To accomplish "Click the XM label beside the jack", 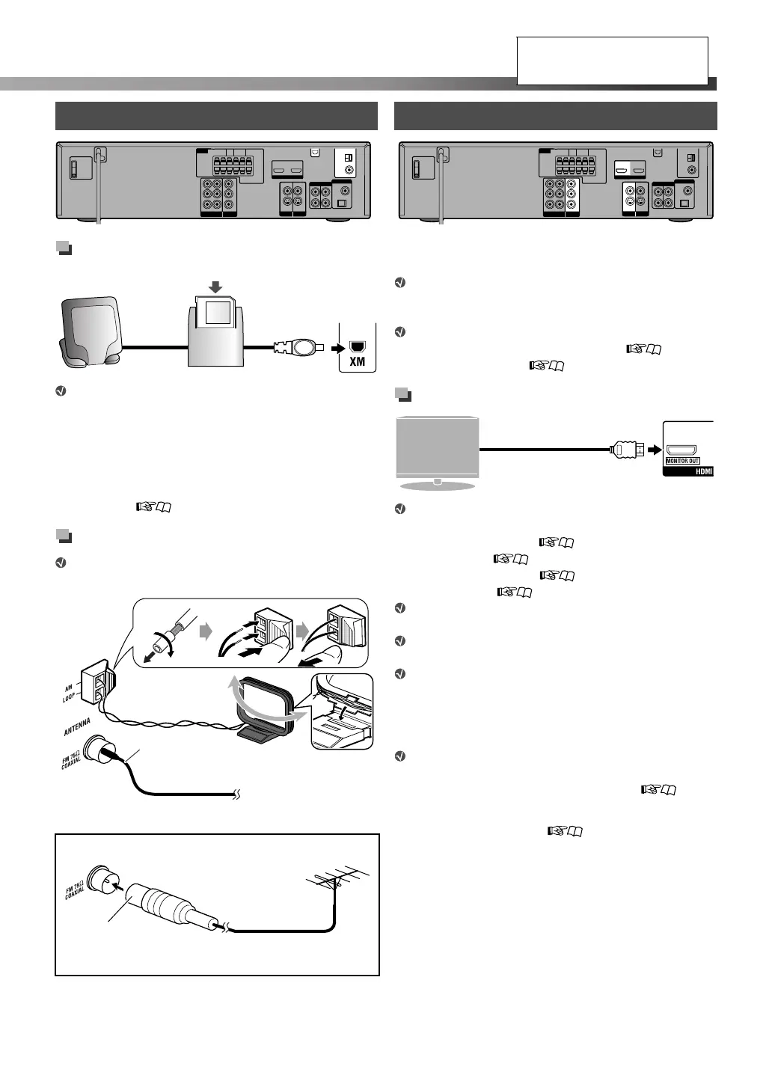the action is click(357, 362).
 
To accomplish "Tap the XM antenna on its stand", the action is click(91, 329).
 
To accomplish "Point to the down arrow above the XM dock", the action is click(216, 286).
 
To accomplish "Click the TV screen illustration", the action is click(437, 448).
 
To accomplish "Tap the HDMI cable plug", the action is click(625, 450).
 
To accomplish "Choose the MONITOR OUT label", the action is click(682, 461).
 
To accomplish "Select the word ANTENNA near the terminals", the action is click(77, 726).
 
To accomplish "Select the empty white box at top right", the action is click(612, 61).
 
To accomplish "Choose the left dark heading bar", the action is click(216, 116).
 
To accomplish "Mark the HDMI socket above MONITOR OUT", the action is click(682, 449).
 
